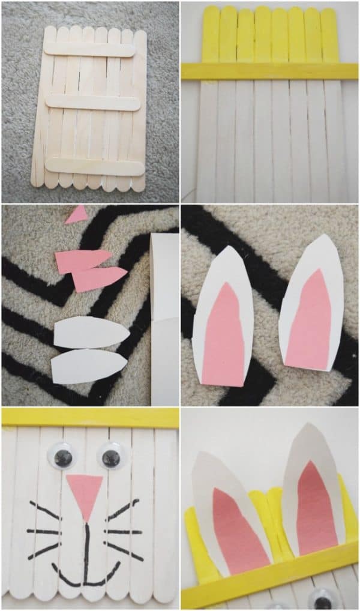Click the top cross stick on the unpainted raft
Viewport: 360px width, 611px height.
coord(90,50)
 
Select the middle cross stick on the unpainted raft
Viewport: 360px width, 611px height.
coord(93,103)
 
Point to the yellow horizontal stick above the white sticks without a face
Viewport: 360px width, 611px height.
coord(269,71)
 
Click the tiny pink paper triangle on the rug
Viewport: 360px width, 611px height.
coord(77,214)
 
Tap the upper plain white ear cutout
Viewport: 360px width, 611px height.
coord(90,333)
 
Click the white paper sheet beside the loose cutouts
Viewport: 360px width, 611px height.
coord(165,318)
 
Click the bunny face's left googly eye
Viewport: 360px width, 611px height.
coord(62,455)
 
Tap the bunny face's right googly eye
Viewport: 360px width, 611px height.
coord(110,456)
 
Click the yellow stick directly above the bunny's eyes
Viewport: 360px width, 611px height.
coord(90,418)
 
